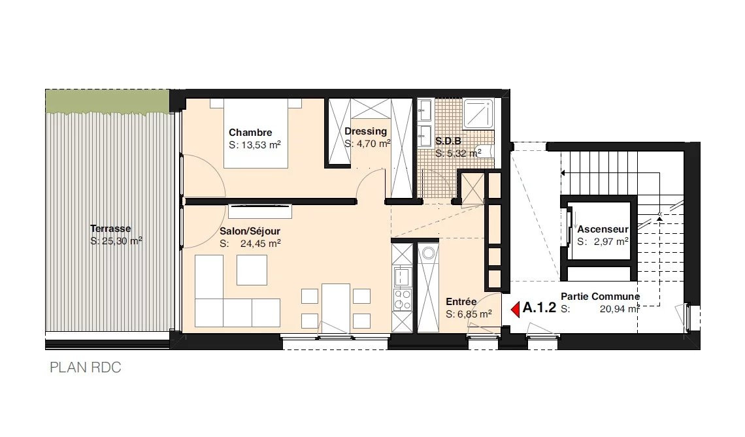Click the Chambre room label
(x=250, y=133)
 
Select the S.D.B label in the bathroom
(x=448, y=141)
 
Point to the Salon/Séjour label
(x=250, y=231)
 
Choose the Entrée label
(x=461, y=302)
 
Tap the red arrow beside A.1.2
(x=515, y=310)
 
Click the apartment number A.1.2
(x=539, y=308)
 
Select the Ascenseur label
(x=603, y=229)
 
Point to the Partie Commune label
(x=601, y=297)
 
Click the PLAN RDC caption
(x=86, y=368)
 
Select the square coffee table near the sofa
(x=252, y=270)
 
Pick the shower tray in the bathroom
(x=479, y=114)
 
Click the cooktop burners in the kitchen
(x=403, y=299)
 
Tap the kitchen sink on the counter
(x=403, y=276)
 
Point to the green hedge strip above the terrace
(x=107, y=102)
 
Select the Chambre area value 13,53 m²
(x=255, y=145)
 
